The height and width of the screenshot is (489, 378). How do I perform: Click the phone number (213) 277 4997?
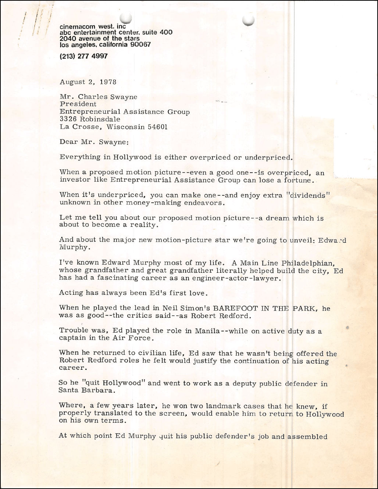[x=83, y=56]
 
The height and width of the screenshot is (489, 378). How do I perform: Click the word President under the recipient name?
[x=78, y=104]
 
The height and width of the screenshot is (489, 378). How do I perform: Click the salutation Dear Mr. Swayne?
[x=94, y=142]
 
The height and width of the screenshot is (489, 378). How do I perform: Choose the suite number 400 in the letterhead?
[x=166, y=32]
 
